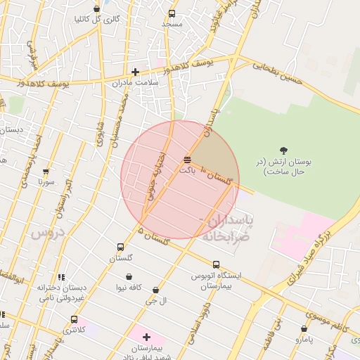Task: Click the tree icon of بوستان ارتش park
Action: (283, 150)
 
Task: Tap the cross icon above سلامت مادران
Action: (135, 72)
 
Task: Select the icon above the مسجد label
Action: (172, 13)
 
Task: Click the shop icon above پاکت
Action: (186, 160)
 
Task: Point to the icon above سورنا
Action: (46, 171)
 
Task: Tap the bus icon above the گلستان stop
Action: (120, 247)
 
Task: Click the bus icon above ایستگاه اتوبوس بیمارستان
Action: (216, 264)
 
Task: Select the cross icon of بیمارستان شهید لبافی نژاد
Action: (146, 337)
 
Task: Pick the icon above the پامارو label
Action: (304, 328)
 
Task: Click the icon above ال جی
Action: (155, 290)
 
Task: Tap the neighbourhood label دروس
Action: (47, 232)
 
